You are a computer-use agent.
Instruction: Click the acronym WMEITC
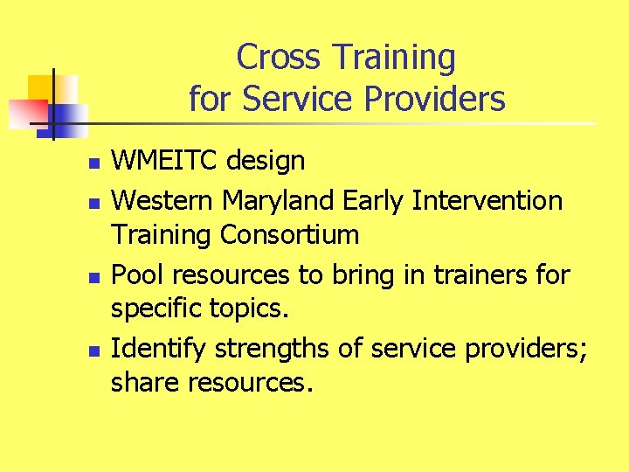pos(166,161)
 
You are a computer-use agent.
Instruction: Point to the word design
pos(266,161)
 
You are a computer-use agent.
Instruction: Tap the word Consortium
pos(289,235)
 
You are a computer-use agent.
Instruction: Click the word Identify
pos(159,350)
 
